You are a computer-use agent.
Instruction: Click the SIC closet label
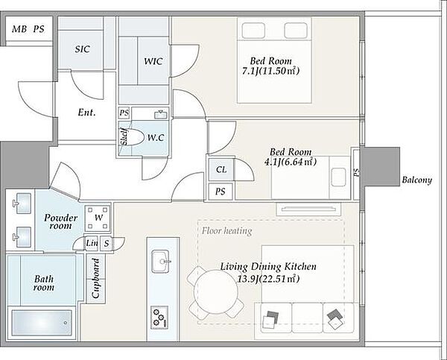tap(83, 49)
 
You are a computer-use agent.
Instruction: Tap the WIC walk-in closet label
tap(153, 61)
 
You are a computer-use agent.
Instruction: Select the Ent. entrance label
tap(86, 113)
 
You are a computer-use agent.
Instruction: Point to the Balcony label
tap(416, 180)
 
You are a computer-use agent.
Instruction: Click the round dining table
tap(216, 291)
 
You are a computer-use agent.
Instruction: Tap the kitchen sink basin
tap(160, 262)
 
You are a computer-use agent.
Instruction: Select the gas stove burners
tap(159, 318)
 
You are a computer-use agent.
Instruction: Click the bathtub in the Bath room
tap(42, 323)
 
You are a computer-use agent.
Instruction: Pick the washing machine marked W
tap(98, 218)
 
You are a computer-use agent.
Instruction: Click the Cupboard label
tap(96, 278)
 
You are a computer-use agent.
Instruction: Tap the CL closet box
tap(221, 170)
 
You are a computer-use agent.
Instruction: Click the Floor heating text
tap(227, 230)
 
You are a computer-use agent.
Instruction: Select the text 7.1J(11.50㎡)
tap(271, 72)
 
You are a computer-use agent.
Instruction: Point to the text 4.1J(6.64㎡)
tap(291, 162)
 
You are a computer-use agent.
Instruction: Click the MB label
tap(19, 29)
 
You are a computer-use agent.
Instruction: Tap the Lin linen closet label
tap(92, 243)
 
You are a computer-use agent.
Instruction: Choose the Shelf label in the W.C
tap(124, 137)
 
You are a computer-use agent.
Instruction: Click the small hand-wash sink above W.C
tap(161, 114)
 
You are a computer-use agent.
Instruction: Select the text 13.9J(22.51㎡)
tap(268, 279)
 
